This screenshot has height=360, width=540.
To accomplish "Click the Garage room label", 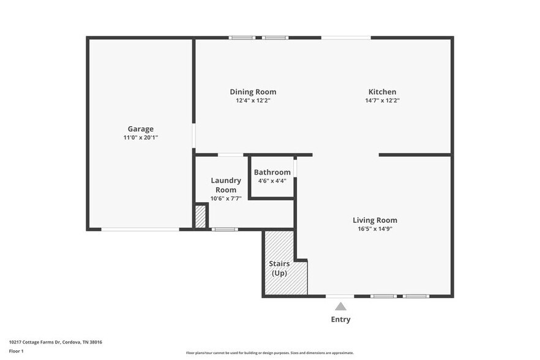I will point(141,129).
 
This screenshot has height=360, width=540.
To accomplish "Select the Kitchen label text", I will point(381,92).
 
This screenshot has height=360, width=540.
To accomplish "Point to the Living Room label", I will point(375,220).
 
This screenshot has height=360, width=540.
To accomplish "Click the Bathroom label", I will point(272,172).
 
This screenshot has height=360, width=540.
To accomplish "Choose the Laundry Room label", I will point(226,185).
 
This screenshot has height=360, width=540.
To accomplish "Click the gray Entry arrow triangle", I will point(341,306).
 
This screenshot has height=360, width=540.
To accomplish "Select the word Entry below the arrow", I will point(341,319).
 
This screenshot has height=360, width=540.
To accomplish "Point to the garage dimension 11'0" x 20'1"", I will point(141,138).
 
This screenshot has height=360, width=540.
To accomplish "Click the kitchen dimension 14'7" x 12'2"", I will point(382,100).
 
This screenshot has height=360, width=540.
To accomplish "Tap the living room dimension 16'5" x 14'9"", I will point(375,229).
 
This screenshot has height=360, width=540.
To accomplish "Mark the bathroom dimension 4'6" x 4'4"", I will point(272,181).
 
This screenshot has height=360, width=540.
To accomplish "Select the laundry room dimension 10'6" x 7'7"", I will point(226,198).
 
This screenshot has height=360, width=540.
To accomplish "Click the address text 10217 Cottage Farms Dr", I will point(56,342).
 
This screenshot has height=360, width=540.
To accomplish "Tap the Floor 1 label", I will point(16,351).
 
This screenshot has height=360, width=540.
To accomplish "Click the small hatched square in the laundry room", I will point(200,216).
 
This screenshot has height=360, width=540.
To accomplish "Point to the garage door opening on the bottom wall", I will point(140,230).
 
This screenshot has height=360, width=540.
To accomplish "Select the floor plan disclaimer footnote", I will point(269,353).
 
